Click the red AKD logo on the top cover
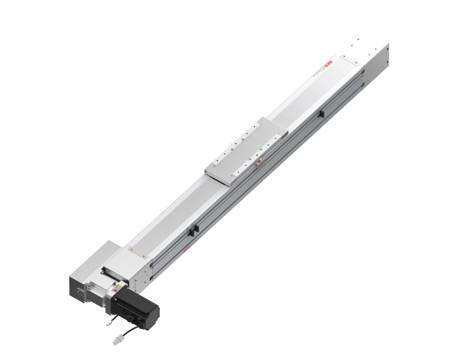328,64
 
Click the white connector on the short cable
109,324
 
